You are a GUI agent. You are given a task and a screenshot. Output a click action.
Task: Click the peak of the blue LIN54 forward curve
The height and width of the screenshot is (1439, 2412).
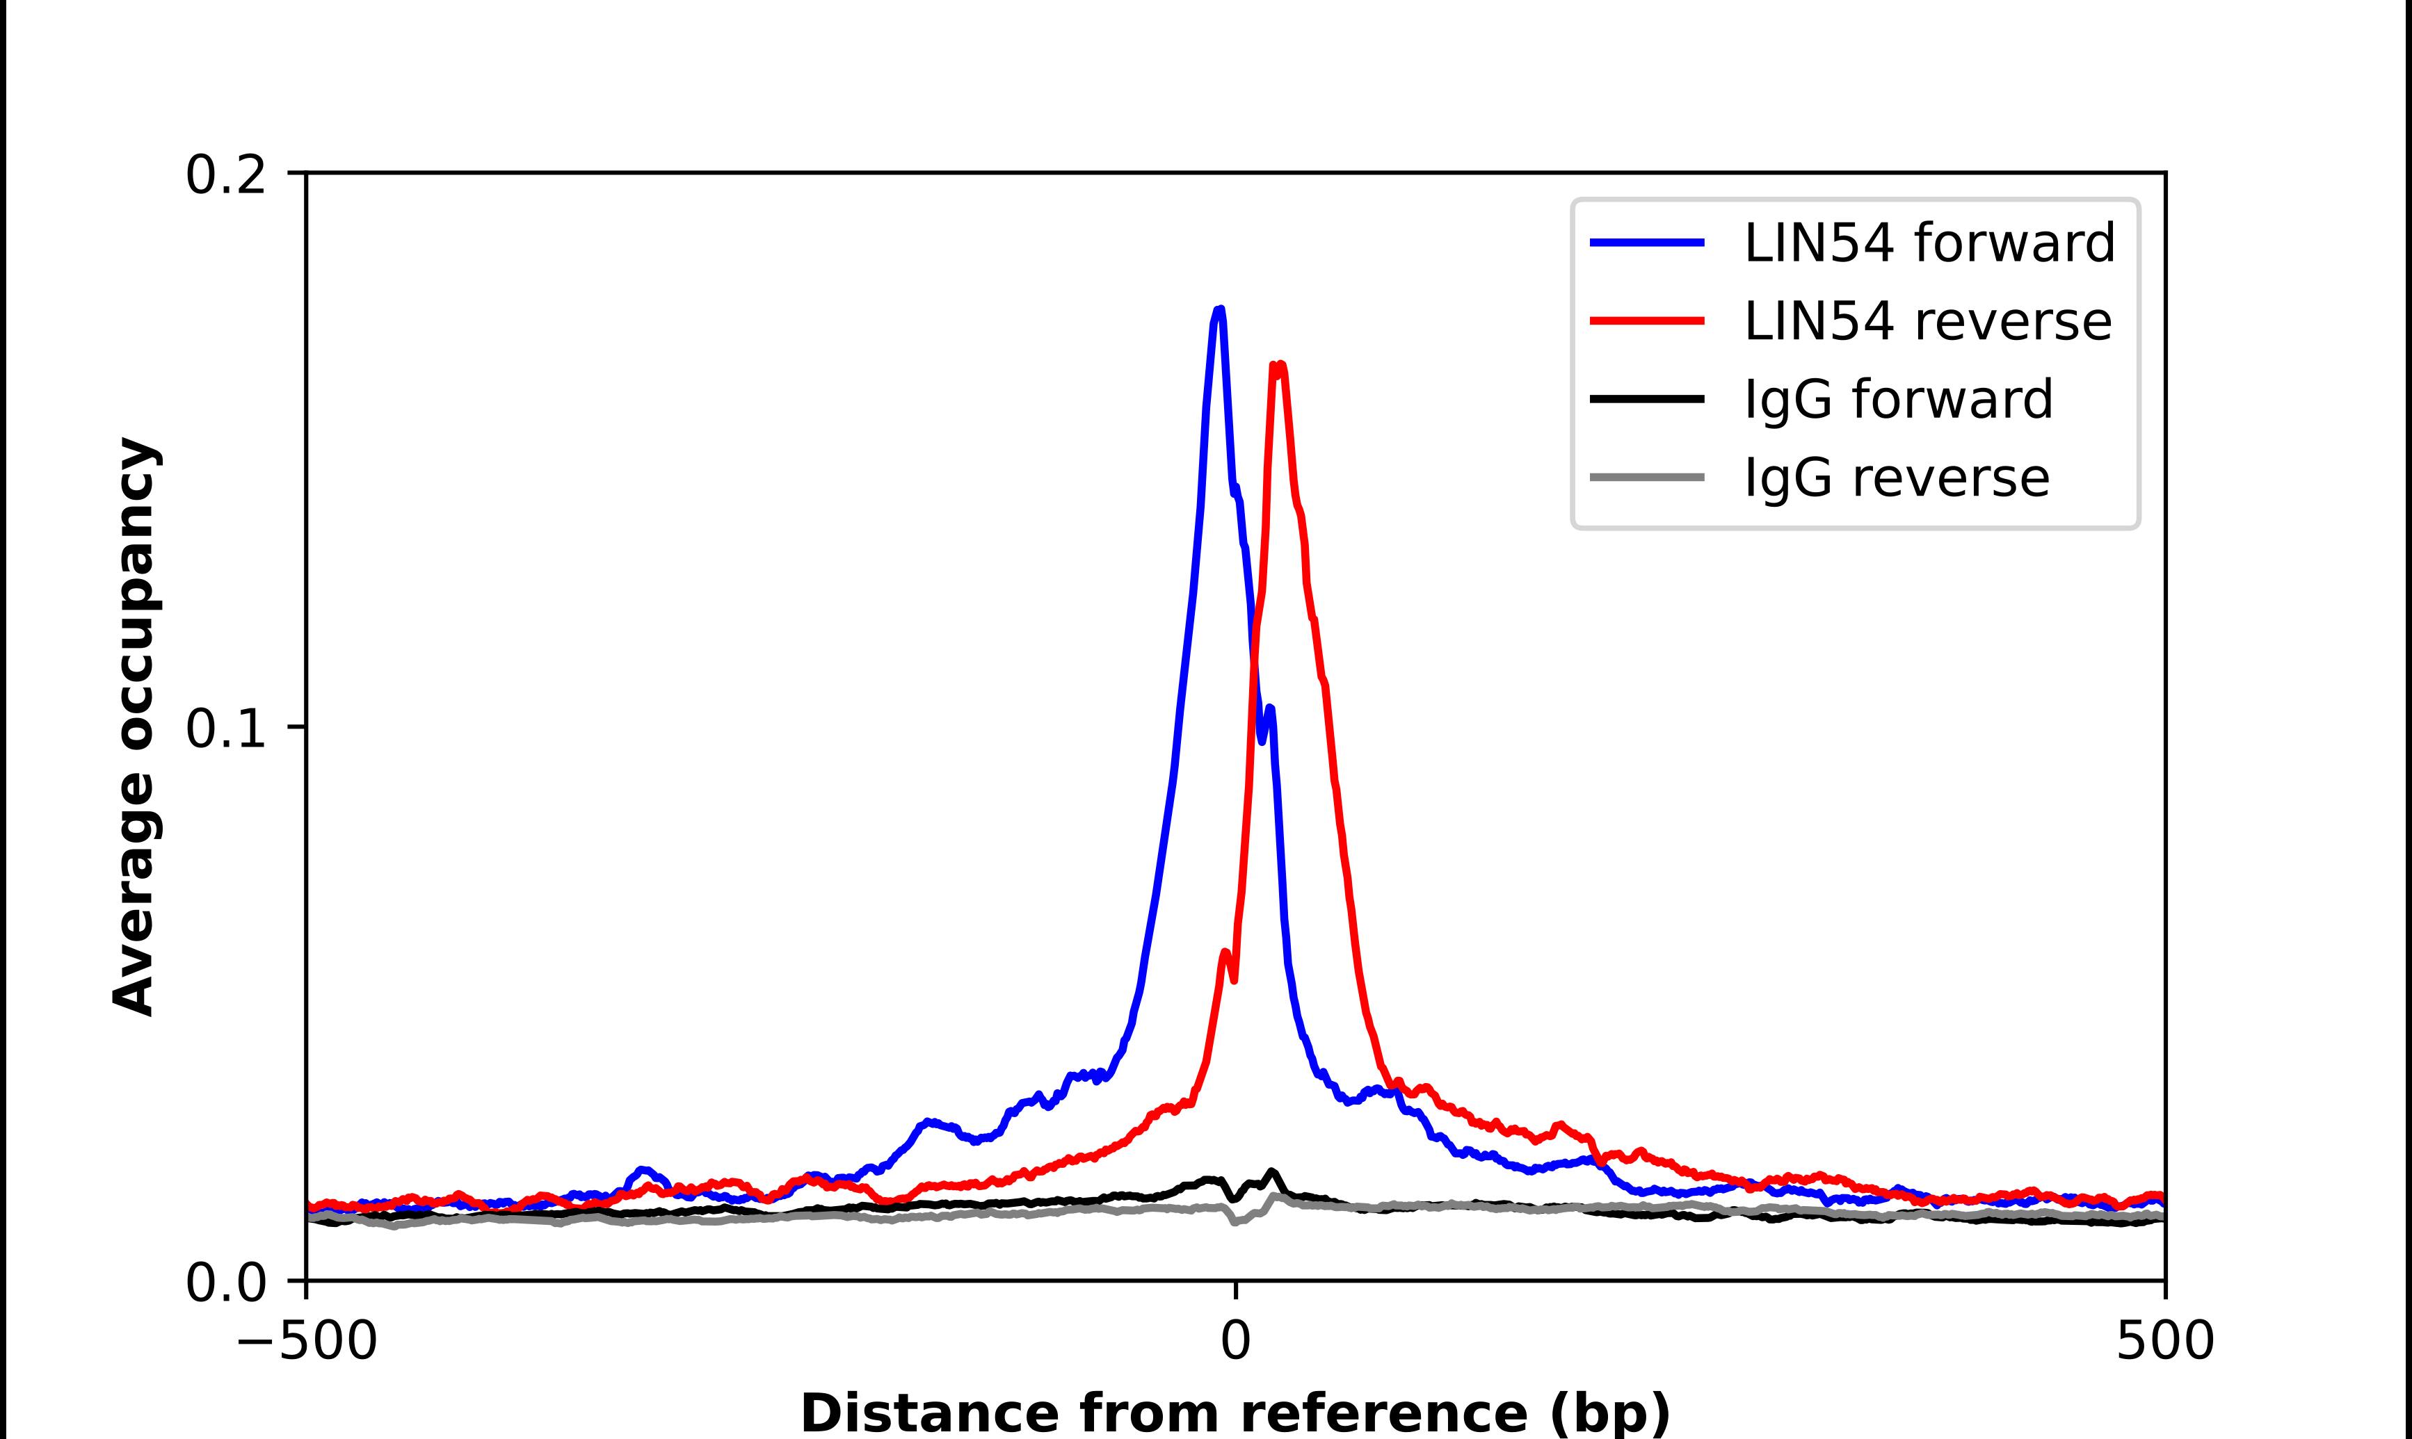[1220, 310]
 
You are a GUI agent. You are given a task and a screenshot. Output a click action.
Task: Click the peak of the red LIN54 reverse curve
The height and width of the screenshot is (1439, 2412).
[1279, 366]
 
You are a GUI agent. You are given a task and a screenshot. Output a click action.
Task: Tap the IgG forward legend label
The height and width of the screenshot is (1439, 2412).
[1898, 398]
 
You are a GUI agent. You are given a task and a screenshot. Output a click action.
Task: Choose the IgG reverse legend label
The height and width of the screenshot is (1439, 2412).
[1896, 477]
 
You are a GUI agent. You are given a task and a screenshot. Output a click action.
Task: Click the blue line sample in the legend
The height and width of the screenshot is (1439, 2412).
[1647, 243]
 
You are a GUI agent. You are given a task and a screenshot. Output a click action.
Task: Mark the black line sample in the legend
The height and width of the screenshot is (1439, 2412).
[1647, 398]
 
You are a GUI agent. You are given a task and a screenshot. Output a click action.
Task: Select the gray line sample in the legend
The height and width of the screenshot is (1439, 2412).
[1647, 477]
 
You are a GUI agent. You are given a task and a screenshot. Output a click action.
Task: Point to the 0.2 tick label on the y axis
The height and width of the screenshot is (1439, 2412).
[225, 175]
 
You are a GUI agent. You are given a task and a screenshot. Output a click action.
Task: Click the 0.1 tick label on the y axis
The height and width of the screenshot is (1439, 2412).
[225, 729]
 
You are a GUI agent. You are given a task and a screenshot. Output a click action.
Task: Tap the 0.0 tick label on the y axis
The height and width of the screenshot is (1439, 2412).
[225, 1283]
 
